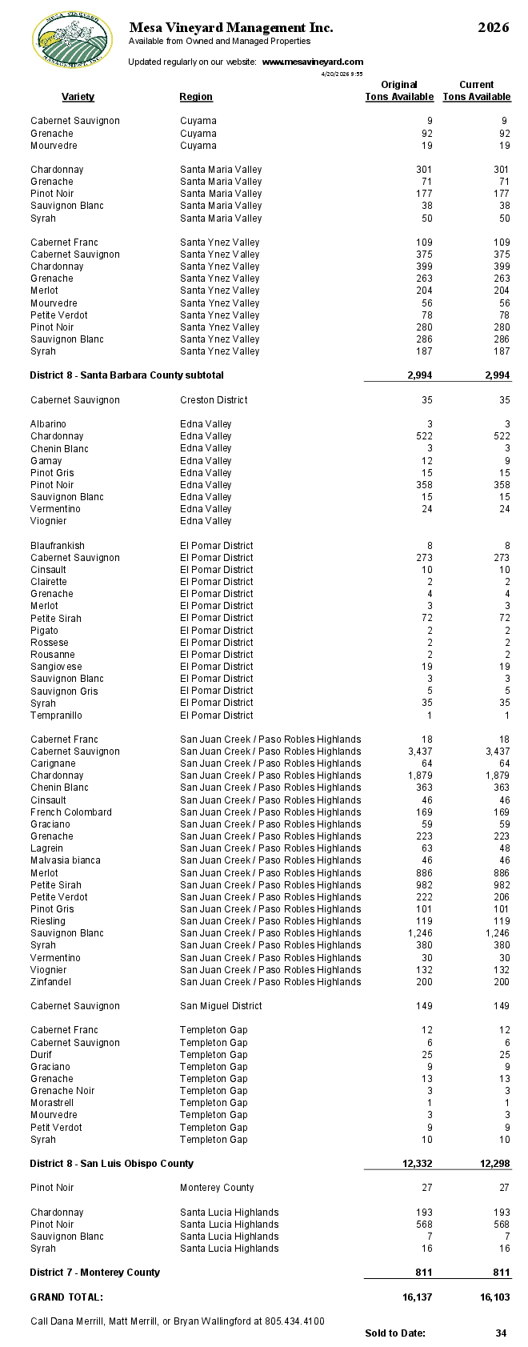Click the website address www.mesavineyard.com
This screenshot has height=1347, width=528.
(313, 62)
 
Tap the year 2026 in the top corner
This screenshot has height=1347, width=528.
(493, 28)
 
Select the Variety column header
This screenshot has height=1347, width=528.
(78, 97)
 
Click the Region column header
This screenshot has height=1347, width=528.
(196, 97)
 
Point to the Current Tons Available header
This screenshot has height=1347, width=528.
(476, 90)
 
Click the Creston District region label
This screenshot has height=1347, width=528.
(214, 400)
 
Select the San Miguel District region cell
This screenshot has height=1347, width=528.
(221, 1006)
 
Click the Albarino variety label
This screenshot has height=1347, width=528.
(48, 424)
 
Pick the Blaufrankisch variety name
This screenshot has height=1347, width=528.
(58, 546)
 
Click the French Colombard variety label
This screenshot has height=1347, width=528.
(71, 812)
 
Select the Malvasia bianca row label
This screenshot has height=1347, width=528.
(66, 860)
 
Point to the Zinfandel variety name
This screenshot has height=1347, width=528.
(50, 982)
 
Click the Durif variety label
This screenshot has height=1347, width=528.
(42, 1055)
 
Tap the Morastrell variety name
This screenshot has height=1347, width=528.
(53, 1103)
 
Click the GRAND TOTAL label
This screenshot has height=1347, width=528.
(66, 1297)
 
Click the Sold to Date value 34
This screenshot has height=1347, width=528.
(501, 1333)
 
